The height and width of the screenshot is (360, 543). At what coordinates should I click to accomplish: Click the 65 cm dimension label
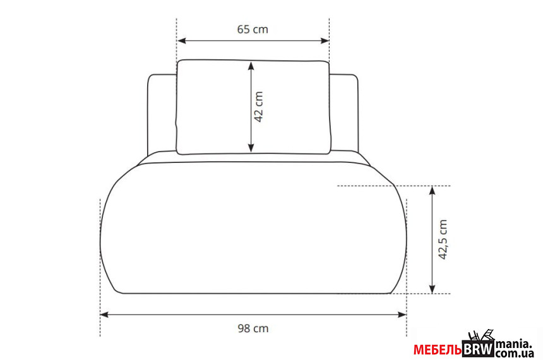(253, 29)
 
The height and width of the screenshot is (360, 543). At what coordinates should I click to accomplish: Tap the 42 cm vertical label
(259, 107)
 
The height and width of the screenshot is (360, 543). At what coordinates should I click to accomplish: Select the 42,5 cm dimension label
(443, 239)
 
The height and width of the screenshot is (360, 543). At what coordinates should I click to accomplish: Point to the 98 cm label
(253, 328)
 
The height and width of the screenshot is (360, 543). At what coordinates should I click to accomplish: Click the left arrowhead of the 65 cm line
(181, 41)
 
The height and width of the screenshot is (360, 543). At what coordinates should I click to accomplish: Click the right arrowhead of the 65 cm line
(325, 41)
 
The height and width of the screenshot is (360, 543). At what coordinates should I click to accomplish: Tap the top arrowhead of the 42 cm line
(251, 66)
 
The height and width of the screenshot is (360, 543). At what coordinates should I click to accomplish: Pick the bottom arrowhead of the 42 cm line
(251, 147)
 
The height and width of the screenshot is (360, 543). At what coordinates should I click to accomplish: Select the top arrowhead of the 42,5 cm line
(432, 191)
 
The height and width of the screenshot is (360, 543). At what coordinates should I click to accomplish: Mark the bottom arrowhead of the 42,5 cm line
(432, 288)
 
